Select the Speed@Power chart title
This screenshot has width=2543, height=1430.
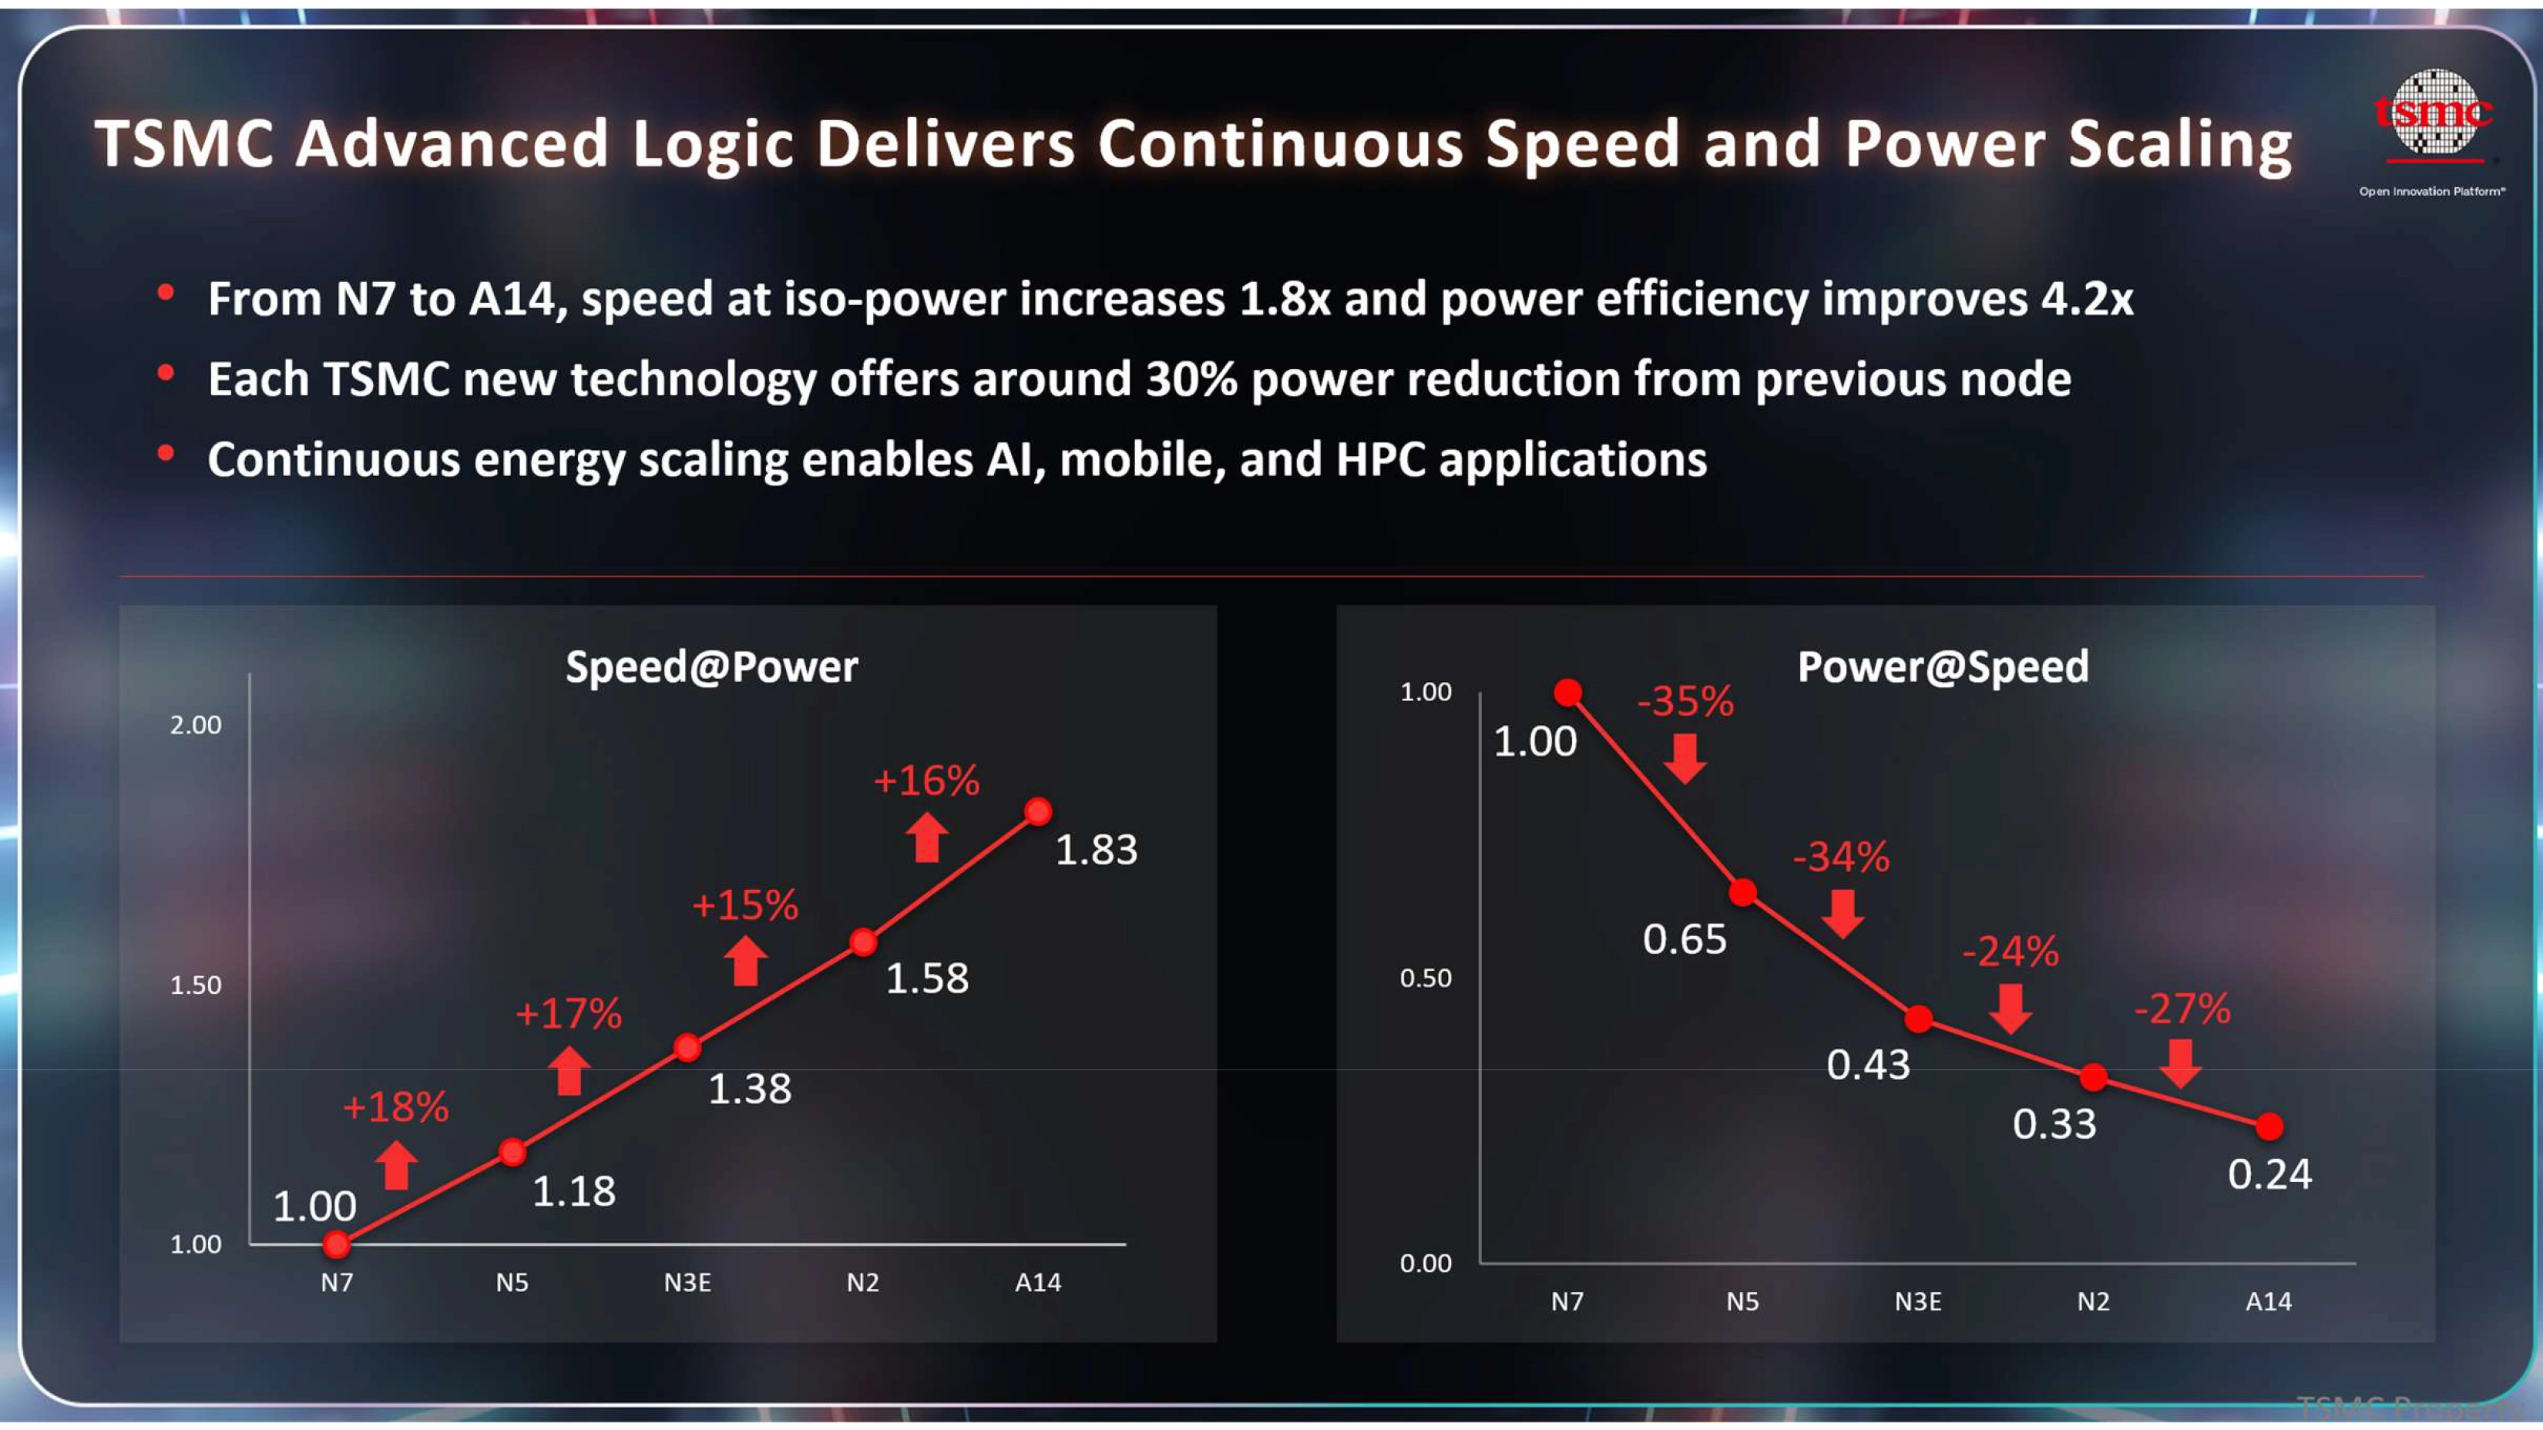pos(710,667)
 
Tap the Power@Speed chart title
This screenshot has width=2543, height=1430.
pos(1942,667)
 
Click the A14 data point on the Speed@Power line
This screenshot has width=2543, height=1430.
pos(1037,811)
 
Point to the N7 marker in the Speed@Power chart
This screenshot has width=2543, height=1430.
pos(337,1244)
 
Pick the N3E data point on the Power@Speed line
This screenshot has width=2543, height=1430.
pos(1918,1019)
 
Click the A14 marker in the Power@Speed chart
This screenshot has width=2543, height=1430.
pos(2269,1126)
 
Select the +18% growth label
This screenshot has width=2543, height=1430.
pos(395,1107)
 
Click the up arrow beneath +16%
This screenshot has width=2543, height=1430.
pos(926,837)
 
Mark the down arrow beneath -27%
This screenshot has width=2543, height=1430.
pos(2180,1063)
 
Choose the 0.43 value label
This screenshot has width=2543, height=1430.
pos(1868,1065)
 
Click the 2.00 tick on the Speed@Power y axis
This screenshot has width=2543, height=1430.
pos(196,725)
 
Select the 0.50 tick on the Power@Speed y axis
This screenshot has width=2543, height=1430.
pos(1426,978)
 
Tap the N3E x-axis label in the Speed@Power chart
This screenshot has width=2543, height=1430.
pos(687,1283)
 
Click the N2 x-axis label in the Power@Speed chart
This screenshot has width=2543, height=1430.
pos(2093,1301)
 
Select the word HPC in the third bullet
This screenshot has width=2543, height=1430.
pos(1380,460)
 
